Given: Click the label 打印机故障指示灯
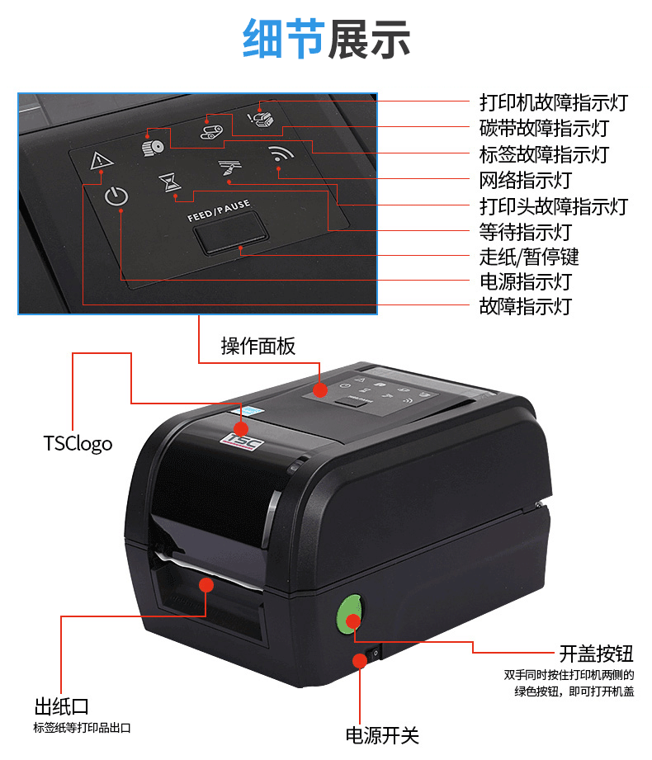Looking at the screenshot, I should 553,103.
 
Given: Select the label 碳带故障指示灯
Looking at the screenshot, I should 544,129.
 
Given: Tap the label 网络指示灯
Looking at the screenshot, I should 525,180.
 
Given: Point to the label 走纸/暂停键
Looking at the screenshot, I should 529,256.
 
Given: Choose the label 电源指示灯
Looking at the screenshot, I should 525,281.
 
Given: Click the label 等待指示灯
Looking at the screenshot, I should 525,231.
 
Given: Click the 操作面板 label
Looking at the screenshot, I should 257,346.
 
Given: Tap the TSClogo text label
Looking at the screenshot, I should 78,443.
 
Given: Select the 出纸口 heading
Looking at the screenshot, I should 61,706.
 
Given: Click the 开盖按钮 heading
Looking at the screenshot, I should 596,654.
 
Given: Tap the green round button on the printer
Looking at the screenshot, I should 349,617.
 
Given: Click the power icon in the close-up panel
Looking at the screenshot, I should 117,197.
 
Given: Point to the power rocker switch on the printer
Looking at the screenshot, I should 374,654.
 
